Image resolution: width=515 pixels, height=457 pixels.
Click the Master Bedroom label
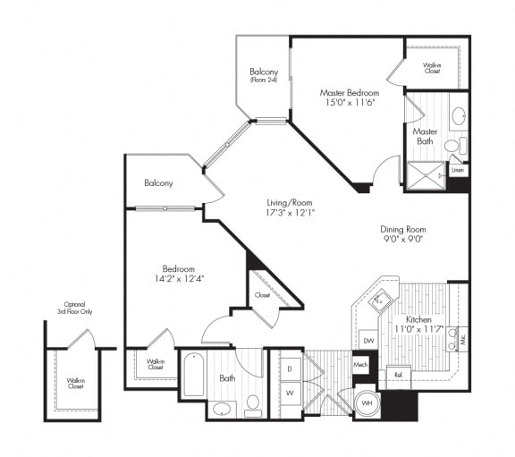pyautogui.click(x=349, y=92)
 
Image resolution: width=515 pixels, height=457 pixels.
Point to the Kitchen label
pyautogui.click(x=420, y=319)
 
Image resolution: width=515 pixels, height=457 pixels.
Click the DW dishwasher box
pyautogui.click(x=368, y=341)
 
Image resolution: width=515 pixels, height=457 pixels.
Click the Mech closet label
pyautogui.click(x=360, y=365)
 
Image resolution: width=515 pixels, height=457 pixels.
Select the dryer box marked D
pyautogui.click(x=289, y=368)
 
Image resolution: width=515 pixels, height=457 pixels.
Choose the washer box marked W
pyautogui.click(x=289, y=393)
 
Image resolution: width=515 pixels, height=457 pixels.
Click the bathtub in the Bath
pyautogui.click(x=194, y=377)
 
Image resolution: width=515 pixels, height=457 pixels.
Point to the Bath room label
pyautogui.click(x=227, y=378)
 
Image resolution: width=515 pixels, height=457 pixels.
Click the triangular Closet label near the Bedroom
pyautogui.click(x=262, y=294)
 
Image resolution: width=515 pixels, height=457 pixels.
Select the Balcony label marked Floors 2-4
pyautogui.click(x=264, y=75)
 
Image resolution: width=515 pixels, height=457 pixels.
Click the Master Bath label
pyautogui.click(x=425, y=137)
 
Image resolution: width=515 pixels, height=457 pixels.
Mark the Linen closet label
pyautogui.click(x=458, y=169)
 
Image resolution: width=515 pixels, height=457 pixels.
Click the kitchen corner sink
pyautogui.click(x=380, y=300)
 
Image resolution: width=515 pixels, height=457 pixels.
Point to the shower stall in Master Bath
pyautogui.click(x=426, y=174)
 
